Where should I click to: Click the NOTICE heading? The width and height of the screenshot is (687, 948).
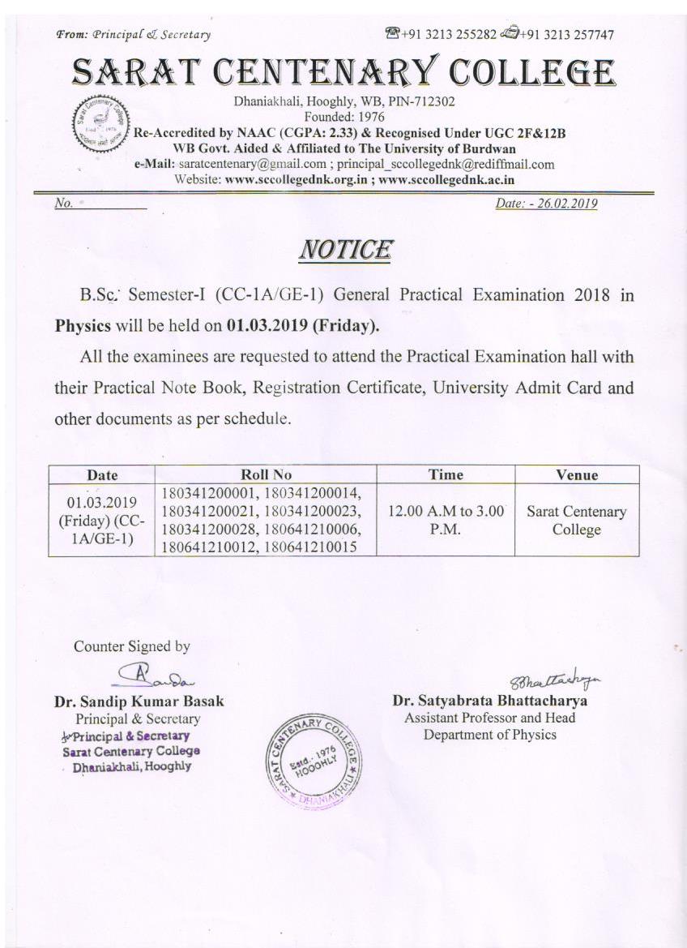[x=344, y=249]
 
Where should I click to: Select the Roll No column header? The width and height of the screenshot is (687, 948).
[x=266, y=474]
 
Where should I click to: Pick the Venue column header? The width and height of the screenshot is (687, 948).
[x=577, y=474]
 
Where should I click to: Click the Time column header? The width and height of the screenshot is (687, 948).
[x=446, y=474]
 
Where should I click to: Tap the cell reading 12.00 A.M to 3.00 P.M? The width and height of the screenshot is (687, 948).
[x=446, y=521]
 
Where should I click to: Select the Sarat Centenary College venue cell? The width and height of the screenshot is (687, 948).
[x=577, y=521]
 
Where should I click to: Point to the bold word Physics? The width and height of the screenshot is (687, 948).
[x=83, y=327]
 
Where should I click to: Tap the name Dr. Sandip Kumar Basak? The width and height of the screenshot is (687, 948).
[x=139, y=701]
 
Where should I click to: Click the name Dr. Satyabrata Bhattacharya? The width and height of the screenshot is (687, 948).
[x=490, y=701]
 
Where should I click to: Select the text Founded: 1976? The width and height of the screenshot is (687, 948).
[x=343, y=117]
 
